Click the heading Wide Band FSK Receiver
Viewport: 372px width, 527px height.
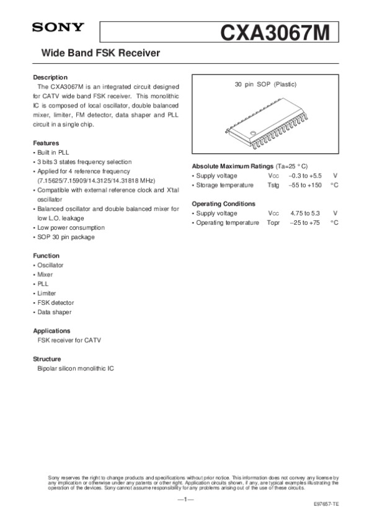click(x=100, y=54)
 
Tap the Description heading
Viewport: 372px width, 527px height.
click(x=50, y=77)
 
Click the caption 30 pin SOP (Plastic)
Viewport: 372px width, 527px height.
click(x=266, y=84)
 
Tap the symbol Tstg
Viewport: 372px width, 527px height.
click(x=274, y=186)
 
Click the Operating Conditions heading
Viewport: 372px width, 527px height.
click(x=224, y=204)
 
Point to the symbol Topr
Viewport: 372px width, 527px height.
click(x=274, y=222)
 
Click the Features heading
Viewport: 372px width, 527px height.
click(x=46, y=143)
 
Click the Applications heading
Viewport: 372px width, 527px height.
click(x=51, y=331)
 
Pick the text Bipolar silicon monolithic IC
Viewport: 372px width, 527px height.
click(x=76, y=368)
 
